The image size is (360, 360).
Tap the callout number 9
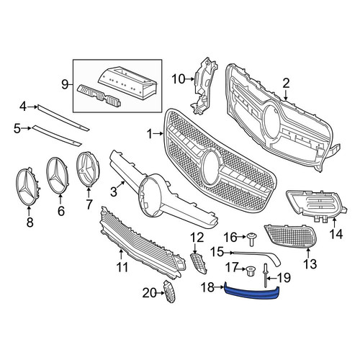click(65, 85)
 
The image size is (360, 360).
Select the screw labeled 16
click(251, 239)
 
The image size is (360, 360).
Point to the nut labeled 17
click(251, 271)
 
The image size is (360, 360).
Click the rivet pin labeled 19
click(266, 275)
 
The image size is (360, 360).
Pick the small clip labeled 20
click(169, 292)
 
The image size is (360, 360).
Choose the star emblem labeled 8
click(28, 186)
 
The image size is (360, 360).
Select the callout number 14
click(336, 233)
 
